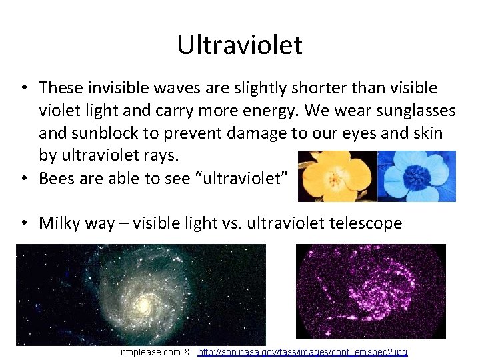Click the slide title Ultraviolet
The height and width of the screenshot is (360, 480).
coord(240,45)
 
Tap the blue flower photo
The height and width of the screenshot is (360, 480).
coord(417,176)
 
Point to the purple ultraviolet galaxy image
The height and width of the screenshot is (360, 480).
coord(370,291)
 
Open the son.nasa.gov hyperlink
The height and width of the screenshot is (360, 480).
coord(303,352)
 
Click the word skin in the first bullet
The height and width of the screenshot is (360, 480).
coord(425,133)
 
